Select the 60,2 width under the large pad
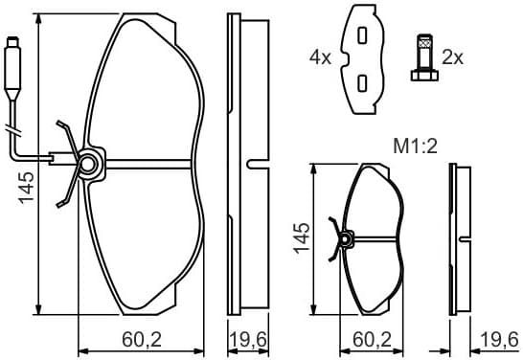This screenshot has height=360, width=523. pos(140,339)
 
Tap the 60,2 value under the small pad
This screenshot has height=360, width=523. pos(373,339)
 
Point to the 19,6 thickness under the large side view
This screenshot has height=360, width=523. pos(247,339)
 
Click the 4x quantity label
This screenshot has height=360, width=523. pos(319,57)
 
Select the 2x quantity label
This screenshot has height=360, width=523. pos(453,57)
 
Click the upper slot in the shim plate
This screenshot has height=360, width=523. pos(362,34)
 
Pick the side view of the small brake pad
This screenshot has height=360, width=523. pos(461,238)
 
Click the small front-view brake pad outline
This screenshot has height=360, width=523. pos(374,239)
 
